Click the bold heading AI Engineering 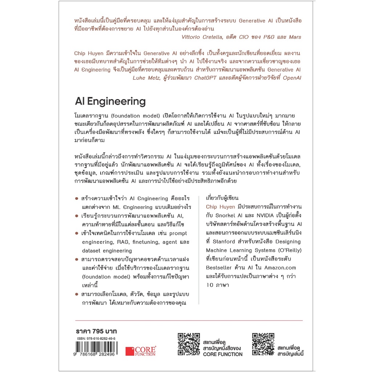tap(110, 101)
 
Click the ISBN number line tap(96, 339)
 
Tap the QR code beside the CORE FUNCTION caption tap(189, 344)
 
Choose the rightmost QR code tap(263, 344)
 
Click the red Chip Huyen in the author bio tap(220, 206)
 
